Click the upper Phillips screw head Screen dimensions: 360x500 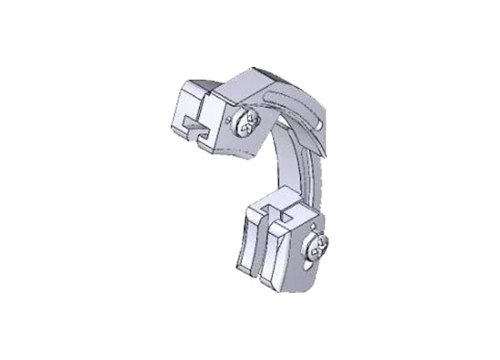tap(246, 125)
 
